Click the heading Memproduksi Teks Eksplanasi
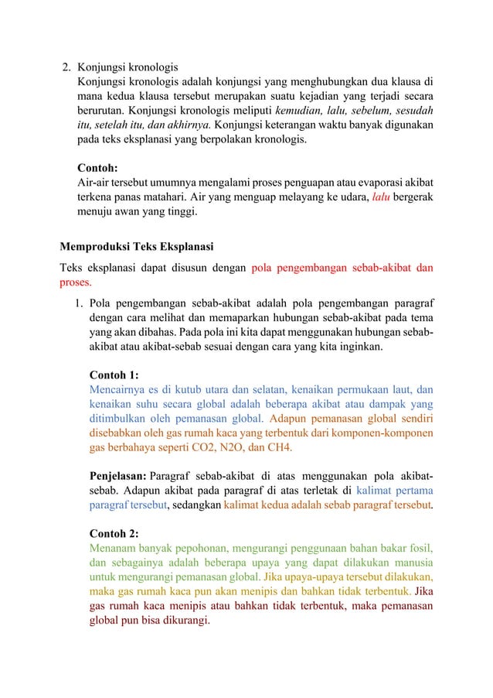(x=137, y=248)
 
